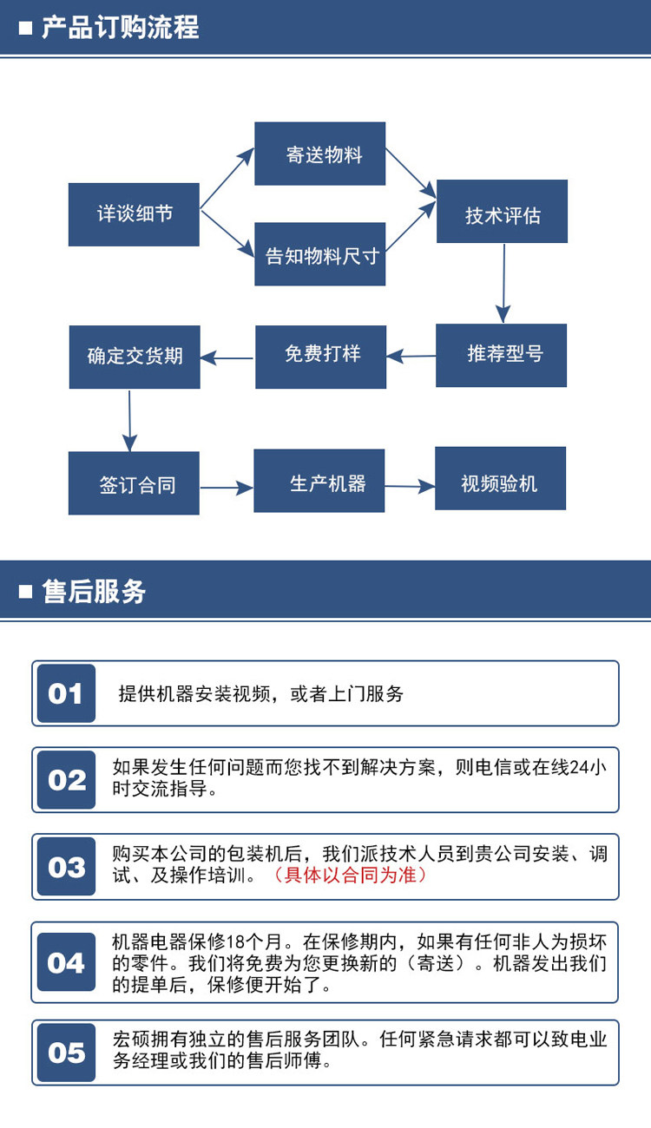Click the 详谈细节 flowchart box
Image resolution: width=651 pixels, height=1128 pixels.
click(134, 214)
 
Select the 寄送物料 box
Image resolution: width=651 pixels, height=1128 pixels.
click(320, 154)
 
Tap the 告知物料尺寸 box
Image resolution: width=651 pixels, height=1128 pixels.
click(320, 254)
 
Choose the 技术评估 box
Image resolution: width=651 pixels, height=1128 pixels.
click(502, 212)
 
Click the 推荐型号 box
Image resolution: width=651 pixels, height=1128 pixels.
click(502, 356)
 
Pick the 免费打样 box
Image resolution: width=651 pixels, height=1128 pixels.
click(321, 357)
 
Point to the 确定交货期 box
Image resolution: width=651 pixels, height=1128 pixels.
click(135, 357)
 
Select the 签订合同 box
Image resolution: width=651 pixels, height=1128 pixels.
click(134, 483)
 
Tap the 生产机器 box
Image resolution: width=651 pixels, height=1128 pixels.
click(319, 481)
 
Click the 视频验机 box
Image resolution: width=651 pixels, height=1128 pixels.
click(500, 478)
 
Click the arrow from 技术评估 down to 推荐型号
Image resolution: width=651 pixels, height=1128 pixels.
click(503, 284)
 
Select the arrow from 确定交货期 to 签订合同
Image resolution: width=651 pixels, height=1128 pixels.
click(129, 421)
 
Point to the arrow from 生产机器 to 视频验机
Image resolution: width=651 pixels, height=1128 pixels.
click(410, 487)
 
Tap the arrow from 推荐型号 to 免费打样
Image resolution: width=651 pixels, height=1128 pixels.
click(411, 357)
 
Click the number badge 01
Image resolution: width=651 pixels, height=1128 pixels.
click(67, 693)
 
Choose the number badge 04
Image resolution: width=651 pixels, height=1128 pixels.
click(67, 961)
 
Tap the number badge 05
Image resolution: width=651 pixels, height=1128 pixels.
click(67, 1053)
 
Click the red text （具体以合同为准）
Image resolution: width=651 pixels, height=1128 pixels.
click(350, 876)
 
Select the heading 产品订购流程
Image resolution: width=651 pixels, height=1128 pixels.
click(121, 27)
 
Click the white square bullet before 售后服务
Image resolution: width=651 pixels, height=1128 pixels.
click(25, 591)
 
